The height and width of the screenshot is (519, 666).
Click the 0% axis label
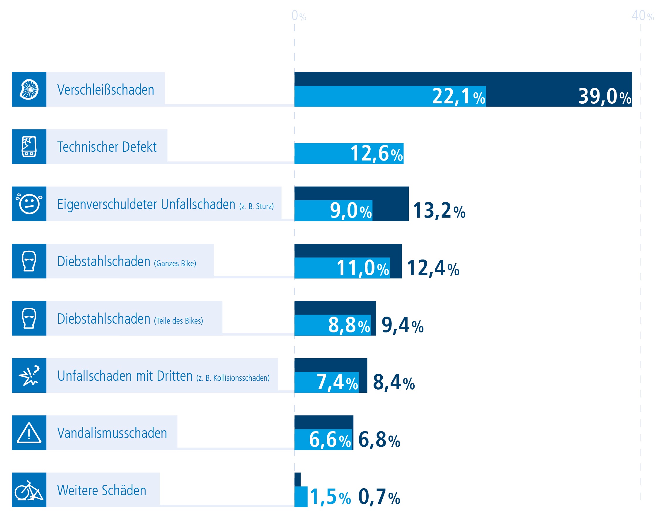click(x=299, y=16)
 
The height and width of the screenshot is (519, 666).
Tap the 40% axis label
click(x=643, y=16)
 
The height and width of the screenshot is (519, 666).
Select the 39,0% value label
click(x=604, y=97)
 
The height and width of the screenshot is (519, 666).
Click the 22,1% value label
click(x=458, y=97)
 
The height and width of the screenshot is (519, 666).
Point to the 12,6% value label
click(x=376, y=153)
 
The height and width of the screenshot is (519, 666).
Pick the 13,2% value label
click(x=439, y=211)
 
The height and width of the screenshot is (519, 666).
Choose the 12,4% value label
click(x=433, y=268)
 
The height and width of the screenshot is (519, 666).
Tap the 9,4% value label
click(x=402, y=325)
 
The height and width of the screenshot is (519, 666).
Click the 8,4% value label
click(x=394, y=383)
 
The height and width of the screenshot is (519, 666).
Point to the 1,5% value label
click(x=330, y=497)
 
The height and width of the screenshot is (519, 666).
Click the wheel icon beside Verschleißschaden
click(x=29, y=89)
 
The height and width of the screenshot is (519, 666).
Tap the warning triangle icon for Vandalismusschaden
click(x=29, y=433)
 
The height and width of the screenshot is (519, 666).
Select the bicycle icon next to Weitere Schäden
click(x=29, y=491)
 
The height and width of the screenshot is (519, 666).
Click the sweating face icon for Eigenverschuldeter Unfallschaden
click(x=29, y=204)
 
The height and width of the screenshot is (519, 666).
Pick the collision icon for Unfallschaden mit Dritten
click(x=29, y=375)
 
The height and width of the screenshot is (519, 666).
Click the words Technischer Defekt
click(x=107, y=147)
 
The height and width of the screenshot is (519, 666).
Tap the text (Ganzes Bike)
click(x=175, y=263)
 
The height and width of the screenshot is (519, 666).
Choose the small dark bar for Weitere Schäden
click(x=297, y=479)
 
